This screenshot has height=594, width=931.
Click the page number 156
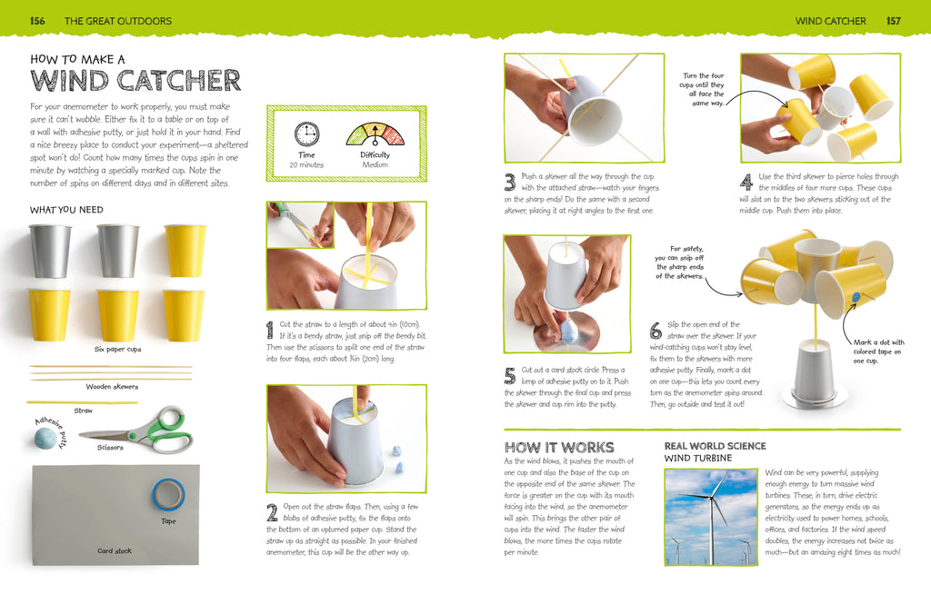click(37, 21)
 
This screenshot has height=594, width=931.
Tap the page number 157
click(894, 21)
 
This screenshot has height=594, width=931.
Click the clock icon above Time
click(307, 134)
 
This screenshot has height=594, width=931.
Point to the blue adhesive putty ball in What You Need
click(45, 439)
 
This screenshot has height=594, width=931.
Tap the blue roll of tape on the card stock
click(168, 494)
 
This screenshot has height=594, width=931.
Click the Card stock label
click(115, 550)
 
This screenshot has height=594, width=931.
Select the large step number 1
click(270, 330)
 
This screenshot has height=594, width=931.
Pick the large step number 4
click(746, 182)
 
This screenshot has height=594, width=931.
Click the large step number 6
click(656, 330)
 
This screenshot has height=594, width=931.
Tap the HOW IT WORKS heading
click(559, 448)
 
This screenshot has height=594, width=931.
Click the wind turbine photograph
click(711, 517)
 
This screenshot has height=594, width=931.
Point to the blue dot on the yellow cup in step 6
click(856, 297)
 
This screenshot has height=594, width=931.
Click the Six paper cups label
click(117, 350)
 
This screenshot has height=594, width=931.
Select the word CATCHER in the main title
click(179, 80)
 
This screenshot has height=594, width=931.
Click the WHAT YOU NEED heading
click(66, 210)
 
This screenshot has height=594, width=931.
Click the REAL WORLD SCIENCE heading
click(715, 446)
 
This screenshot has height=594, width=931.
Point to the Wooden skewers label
click(112, 387)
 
